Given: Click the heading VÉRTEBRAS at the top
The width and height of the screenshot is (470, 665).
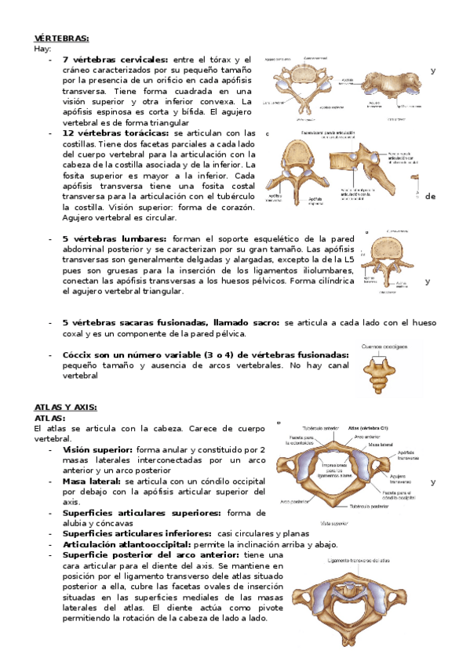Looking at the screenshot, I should click(61, 38).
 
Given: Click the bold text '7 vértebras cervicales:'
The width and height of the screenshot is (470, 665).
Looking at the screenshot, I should click(115, 60).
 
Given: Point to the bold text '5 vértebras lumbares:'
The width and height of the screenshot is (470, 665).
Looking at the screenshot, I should click(114, 238).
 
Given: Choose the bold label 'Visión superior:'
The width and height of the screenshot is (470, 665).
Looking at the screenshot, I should click(97, 449).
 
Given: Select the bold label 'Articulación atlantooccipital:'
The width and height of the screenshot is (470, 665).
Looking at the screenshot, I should click(129, 544).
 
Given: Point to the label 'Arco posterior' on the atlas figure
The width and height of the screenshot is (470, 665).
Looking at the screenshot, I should click(293, 501).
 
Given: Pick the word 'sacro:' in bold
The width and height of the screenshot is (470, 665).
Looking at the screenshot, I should click(264, 322).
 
